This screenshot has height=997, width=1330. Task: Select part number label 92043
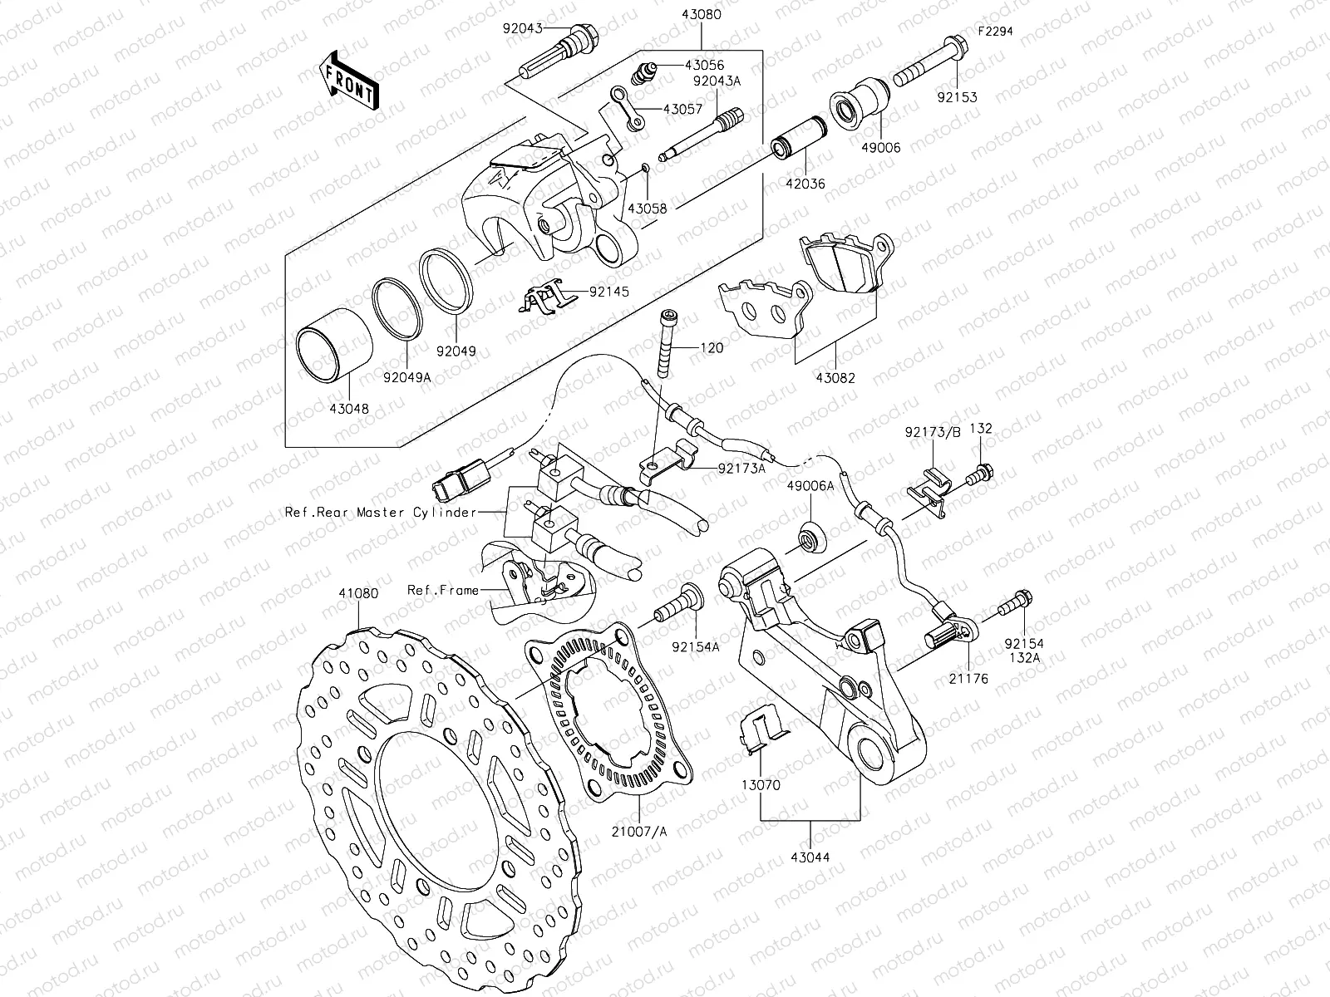pos(521,27)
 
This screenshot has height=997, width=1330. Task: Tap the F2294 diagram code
pos(995,31)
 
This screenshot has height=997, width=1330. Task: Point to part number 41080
pos(358,594)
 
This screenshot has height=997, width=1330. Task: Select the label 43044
pos(810,857)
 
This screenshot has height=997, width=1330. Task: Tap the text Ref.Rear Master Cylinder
pos(381,513)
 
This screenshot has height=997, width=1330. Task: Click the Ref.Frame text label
pos(442,590)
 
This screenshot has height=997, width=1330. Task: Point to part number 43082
pos(835,378)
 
